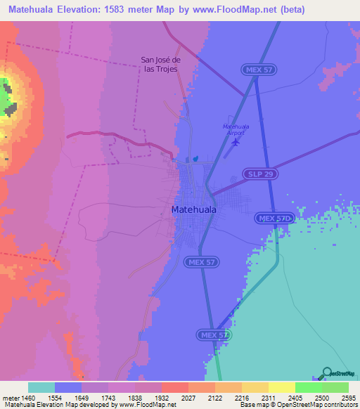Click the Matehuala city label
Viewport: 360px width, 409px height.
pyautogui.click(x=194, y=209)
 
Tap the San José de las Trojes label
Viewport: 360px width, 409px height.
pyautogui.click(x=159, y=64)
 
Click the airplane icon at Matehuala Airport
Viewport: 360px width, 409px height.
pyautogui.click(x=235, y=142)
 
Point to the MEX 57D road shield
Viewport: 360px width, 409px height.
pyautogui.click(x=274, y=219)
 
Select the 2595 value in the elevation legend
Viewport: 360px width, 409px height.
pyautogui.click(x=348, y=397)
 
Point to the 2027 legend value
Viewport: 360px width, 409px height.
pyautogui.click(x=188, y=397)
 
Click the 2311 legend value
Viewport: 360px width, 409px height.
pyautogui.click(x=268, y=397)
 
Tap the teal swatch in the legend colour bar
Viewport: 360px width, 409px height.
pyautogui.click(x=41, y=387)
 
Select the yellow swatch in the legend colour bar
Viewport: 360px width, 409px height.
pyautogui.click(x=281, y=387)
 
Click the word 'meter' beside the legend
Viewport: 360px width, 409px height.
pyautogui.click(x=10, y=397)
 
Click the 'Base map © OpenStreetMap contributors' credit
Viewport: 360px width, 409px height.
pyautogui.click(x=299, y=405)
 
